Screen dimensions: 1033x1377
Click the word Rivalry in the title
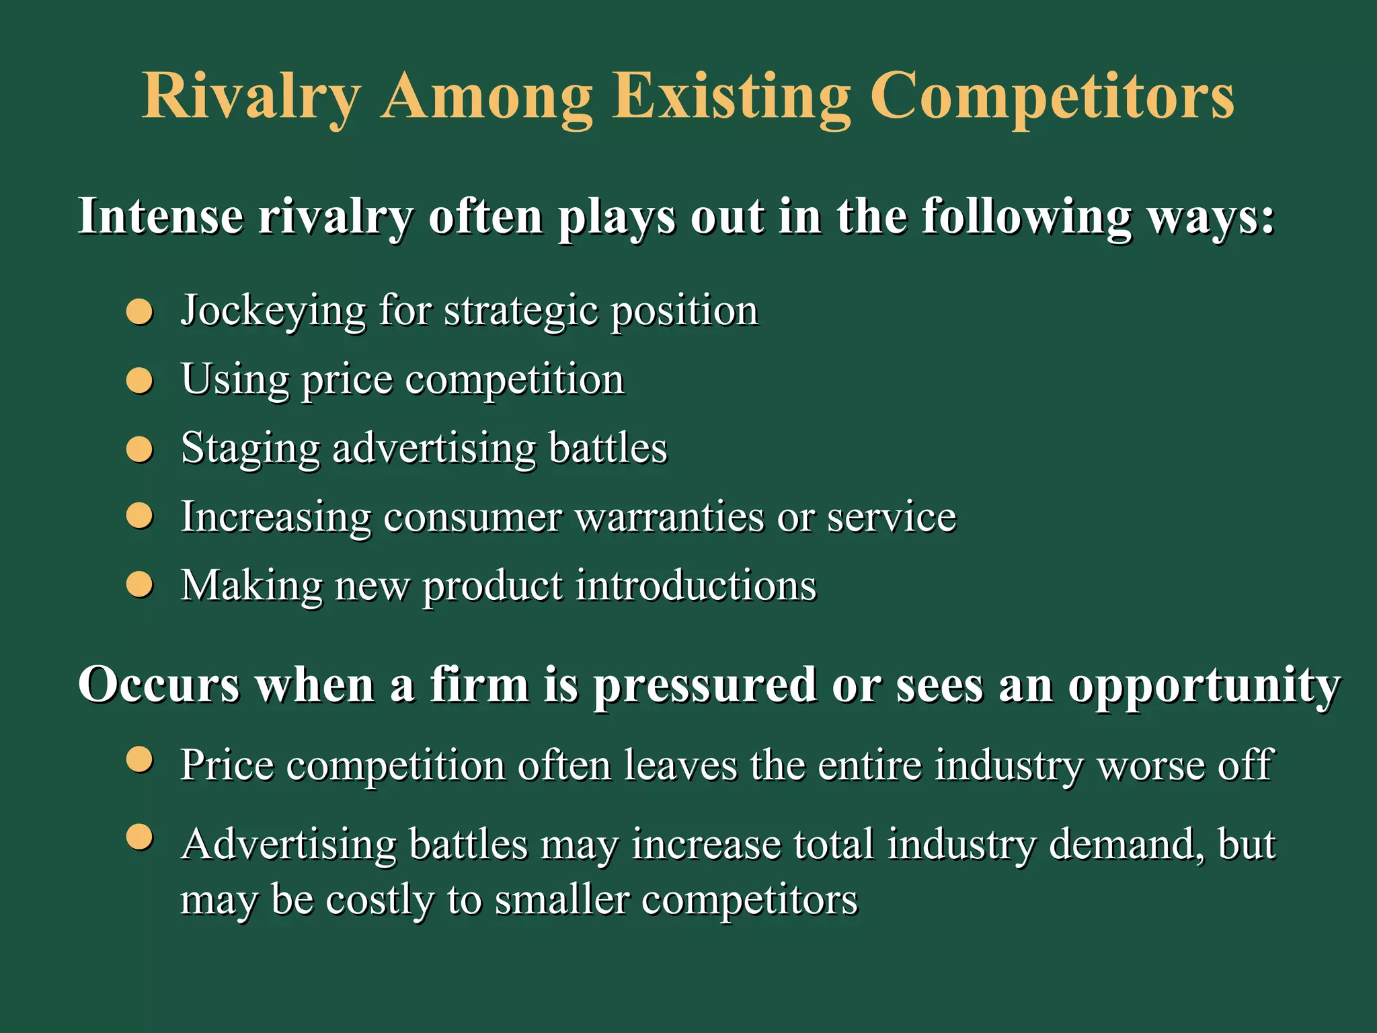[251, 98]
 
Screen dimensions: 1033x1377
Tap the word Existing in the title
[731, 98]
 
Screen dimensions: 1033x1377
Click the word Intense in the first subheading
[161, 217]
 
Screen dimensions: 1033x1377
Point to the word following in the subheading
[1027, 217]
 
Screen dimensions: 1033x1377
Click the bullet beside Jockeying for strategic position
[140, 312]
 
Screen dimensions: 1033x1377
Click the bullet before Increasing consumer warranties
[140, 516]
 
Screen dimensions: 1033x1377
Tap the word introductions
[696, 585]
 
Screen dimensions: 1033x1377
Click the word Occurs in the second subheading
[159, 685]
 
